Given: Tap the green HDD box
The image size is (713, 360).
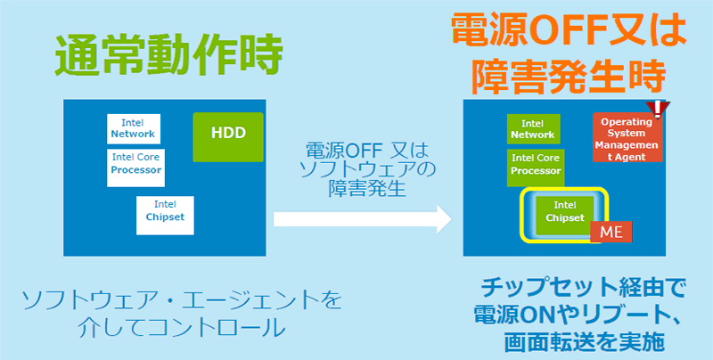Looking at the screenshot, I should [228, 136].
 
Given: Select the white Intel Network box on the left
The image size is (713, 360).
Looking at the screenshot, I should [133, 128].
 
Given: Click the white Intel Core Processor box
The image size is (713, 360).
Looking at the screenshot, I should [136, 166].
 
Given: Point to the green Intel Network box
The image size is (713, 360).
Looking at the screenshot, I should [532, 130].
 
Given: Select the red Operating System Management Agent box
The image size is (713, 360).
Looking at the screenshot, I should [627, 138].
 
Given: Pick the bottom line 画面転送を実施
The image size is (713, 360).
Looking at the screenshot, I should [579, 341].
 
